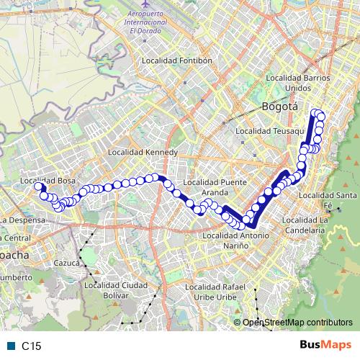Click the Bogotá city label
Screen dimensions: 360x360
[280, 107]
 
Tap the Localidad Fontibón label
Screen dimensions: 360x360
[177, 61]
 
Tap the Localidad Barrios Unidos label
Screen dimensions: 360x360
[298, 82]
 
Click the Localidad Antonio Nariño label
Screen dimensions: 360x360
[236, 240]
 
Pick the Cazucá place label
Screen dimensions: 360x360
[66, 264]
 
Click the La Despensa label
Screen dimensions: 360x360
[23, 219]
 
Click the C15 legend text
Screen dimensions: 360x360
[30, 346]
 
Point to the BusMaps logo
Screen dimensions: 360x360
[324, 345]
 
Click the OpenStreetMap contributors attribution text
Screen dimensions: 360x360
[297, 322]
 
